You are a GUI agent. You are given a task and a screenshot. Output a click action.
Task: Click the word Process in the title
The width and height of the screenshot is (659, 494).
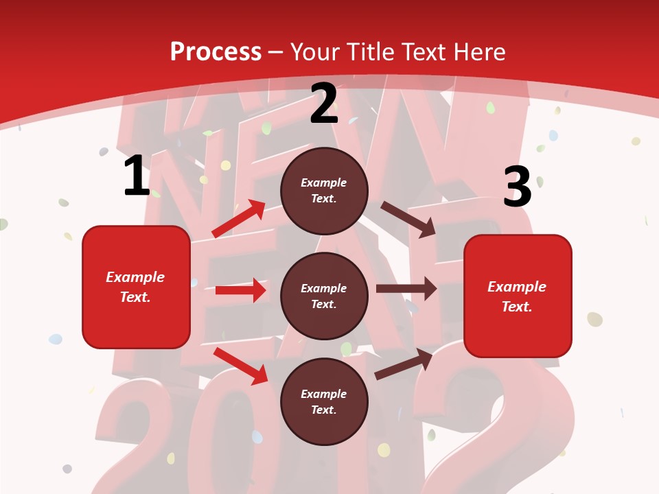pyautogui.click(x=216, y=52)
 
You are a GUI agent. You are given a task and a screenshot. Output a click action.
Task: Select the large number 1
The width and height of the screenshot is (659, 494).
pyautogui.click(x=137, y=176)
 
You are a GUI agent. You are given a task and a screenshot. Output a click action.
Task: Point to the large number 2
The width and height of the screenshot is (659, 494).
pyautogui.click(x=324, y=104)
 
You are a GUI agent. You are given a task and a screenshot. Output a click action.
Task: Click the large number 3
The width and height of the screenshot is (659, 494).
pyautogui.click(x=518, y=187)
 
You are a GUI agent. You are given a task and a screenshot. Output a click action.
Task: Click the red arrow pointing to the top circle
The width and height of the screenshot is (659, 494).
pyautogui.click(x=239, y=218)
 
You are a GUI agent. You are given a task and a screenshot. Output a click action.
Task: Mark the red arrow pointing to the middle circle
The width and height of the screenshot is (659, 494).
pyautogui.click(x=240, y=290)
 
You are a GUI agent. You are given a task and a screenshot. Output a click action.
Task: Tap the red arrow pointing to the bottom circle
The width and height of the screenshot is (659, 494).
pyautogui.click(x=241, y=366)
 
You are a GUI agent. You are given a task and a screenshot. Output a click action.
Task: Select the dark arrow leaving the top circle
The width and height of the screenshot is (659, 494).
pyautogui.click(x=408, y=219)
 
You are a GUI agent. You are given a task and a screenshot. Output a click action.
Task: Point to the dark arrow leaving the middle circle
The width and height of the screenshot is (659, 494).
pyautogui.click(x=406, y=289)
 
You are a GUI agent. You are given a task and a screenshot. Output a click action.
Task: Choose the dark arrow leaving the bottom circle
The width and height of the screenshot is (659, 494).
pyautogui.click(x=404, y=364)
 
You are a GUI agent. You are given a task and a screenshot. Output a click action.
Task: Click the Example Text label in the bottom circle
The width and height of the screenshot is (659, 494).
pyautogui.click(x=324, y=401)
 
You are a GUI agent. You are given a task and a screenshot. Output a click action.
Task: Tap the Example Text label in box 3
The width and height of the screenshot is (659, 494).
pyautogui.click(x=517, y=296)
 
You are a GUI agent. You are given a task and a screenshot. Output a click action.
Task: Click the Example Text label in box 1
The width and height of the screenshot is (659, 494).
pyautogui.click(x=135, y=287)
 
